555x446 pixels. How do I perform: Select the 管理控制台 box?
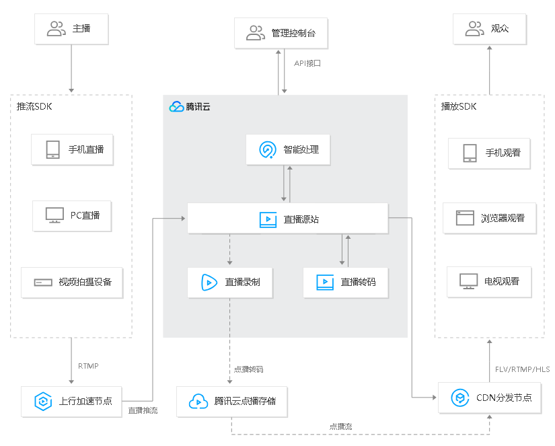[281, 32]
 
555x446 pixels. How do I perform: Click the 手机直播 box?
[72, 149]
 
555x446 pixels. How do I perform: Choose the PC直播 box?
[72, 215]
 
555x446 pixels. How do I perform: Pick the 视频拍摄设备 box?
[72, 283]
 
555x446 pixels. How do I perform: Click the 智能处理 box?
[287, 150]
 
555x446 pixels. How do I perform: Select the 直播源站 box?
[287, 219]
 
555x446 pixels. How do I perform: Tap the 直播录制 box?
[229, 283]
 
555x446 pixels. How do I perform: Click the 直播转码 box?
[345, 283]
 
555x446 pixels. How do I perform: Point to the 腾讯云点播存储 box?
[231, 402]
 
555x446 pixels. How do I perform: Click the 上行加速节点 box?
[72, 402]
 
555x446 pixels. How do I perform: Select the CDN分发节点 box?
[490, 398]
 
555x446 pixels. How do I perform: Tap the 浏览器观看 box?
[489, 218]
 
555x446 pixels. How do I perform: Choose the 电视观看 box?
[489, 281]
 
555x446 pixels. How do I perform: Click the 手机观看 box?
[489, 153]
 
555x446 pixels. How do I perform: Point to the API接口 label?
[307, 63]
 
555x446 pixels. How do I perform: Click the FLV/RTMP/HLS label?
[522, 369]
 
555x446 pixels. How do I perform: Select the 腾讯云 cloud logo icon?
[176, 106]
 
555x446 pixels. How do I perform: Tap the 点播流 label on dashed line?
[340, 426]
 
